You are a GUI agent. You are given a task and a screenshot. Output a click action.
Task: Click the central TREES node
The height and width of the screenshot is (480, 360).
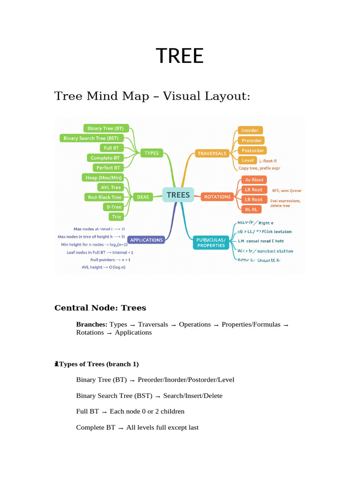pyautogui.click(x=178, y=195)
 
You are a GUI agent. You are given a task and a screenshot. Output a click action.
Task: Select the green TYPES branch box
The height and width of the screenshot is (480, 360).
pyautogui.click(x=151, y=153)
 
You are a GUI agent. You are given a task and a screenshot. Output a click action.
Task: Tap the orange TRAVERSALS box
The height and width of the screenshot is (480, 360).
pyautogui.click(x=212, y=153)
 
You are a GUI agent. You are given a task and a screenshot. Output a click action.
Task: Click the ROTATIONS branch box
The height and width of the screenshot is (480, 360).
pyautogui.click(x=217, y=197)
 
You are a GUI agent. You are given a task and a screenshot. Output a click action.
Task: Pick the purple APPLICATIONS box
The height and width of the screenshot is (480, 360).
pyautogui.click(x=146, y=240)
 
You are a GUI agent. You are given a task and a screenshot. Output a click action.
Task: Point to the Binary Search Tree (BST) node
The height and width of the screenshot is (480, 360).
pyautogui.click(x=91, y=138)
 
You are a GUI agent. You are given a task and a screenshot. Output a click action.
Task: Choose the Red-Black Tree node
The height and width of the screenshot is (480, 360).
pyautogui.click(x=105, y=197)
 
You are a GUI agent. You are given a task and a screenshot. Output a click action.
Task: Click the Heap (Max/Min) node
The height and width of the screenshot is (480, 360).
pyautogui.click(x=104, y=178)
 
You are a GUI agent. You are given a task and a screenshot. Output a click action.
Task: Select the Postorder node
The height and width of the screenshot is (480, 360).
pyautogui.click(x=252, y=150)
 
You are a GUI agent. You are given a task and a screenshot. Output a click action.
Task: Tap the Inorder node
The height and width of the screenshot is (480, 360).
pyautogui.click(x=250, y=130)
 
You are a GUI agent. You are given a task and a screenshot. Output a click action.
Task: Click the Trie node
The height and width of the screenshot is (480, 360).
pyautogui.click(x=116, y=217)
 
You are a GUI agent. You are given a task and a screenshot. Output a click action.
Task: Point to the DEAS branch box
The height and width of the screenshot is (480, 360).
pyautogui.click(x=142, y=197)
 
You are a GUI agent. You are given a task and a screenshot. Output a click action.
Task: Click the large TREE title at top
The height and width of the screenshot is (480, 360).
pyautogui.click(x=180, y=56)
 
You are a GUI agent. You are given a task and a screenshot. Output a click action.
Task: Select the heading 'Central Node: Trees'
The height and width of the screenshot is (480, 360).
pyautogui.click(x=100, y=308)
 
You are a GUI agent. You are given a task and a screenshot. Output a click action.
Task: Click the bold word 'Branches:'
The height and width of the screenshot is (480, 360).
pyautogui.click(x=92, y=324)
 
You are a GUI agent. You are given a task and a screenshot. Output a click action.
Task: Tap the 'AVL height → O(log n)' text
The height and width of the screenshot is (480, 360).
pyautogui.click(x=104, y=267)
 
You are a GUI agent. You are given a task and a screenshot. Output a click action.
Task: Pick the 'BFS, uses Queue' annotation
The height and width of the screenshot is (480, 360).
pyautogui.click(x=286, y=191)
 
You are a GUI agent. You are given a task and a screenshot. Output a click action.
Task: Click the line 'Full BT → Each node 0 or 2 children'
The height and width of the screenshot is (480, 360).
pyautogui.click(x=130, y=412)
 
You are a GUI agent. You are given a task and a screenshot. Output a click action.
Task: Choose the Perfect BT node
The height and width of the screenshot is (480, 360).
pyautogui.click(x=108, y=168)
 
